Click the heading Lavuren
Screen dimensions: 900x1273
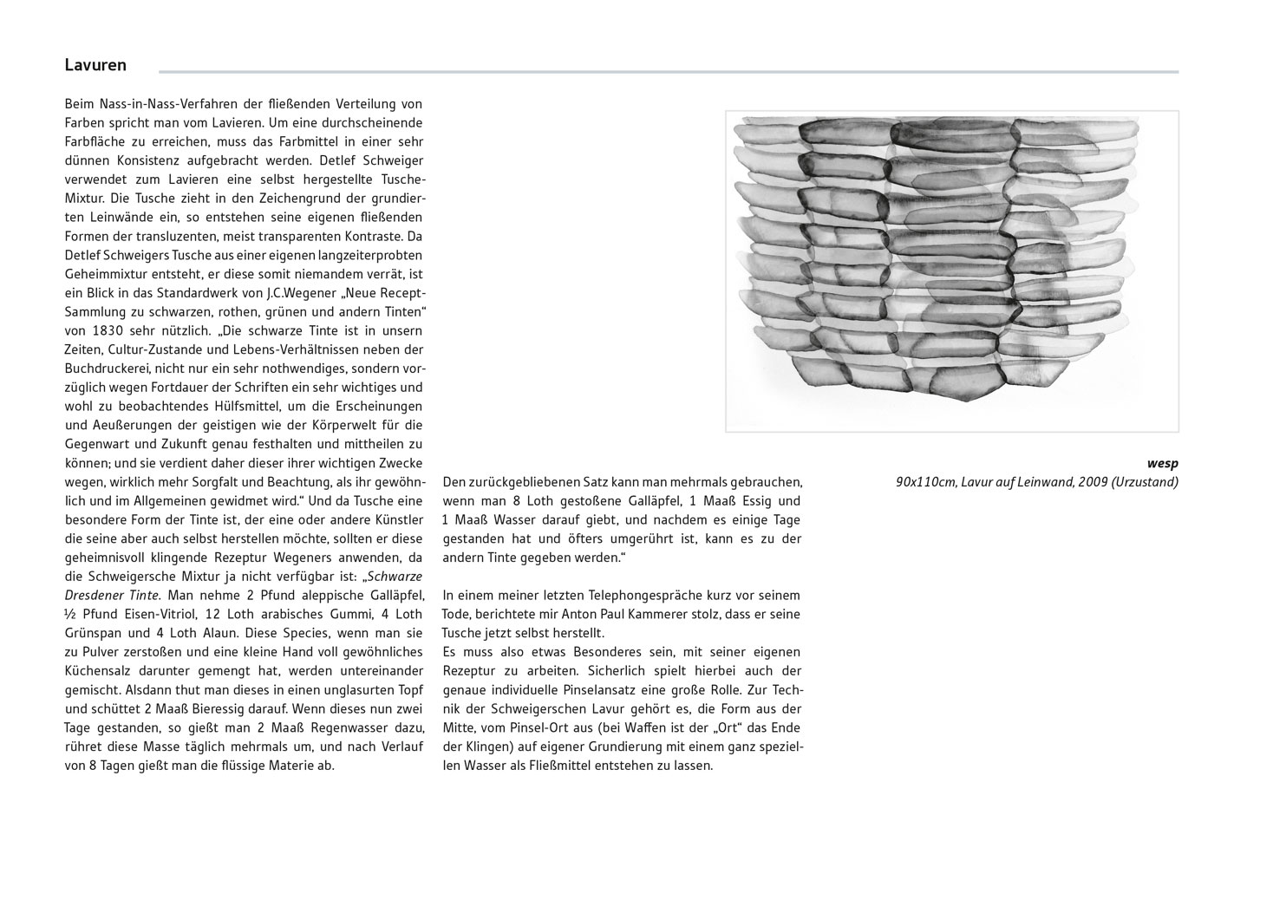(95, 65)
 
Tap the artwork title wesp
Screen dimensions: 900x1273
(1162, 464)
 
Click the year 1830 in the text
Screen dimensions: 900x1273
(97, 330)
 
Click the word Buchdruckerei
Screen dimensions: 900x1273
(104, 368)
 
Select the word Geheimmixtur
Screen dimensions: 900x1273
(104, 273)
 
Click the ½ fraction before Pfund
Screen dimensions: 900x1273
(70, 614)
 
